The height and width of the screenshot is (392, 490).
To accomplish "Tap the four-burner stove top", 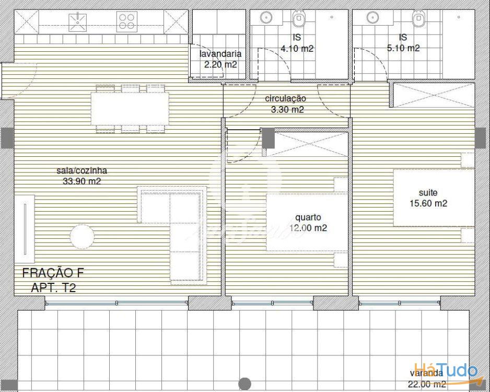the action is pos(127,21).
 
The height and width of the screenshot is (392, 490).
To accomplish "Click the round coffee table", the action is pos(82,237).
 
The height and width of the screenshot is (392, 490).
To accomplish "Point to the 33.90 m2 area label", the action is pos(82,181).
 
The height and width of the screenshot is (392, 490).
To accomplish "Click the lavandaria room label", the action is pos(220,54).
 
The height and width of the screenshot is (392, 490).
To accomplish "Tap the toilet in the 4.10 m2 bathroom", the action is pos(299,19).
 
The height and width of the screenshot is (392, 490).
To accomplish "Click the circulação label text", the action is pos(286,98).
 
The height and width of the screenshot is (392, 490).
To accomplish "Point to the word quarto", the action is pos(308,217).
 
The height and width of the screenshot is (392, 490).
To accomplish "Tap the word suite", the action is pos(428,192).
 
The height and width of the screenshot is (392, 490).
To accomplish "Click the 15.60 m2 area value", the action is pos(428,203).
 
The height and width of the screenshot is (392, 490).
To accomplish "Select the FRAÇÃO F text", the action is pos(53,273).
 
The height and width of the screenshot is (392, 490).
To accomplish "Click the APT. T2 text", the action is pos(53,287).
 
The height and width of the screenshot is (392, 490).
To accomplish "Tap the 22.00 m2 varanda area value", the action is pos(427,384).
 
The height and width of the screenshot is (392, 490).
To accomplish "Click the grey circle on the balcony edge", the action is pos(244,384).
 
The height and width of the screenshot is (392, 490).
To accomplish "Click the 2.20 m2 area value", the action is pos(220,65).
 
